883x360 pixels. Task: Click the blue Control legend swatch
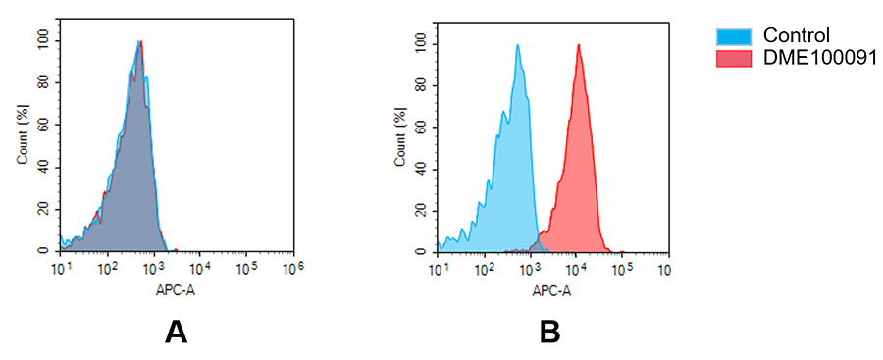[x=735, y=36]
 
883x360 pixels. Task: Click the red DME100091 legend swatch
[x=735, y=59]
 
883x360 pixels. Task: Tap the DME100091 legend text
[x=815, y=59]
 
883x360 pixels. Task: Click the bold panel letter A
[x=176, y=333]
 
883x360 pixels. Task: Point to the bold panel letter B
[x=549, y=333]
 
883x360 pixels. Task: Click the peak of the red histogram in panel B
[x=579, y=45]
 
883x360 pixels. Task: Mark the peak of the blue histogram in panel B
[x=517, y=45]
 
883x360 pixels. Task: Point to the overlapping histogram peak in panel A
[x=140, y=42]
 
